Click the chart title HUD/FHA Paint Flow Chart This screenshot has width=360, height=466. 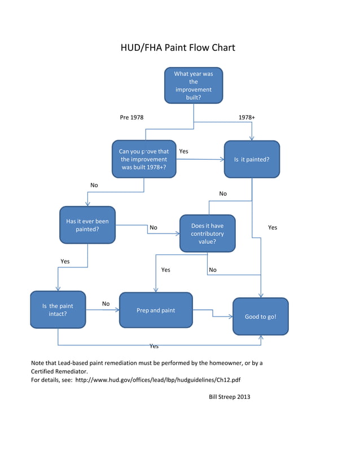coord(178,47)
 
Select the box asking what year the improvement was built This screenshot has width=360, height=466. coord(194,85)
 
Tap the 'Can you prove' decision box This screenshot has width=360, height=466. coord(144,159)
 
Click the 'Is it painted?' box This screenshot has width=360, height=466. coord(252,159)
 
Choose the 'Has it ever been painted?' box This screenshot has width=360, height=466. coord(87,225)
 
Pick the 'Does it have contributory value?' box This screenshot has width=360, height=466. coord(207,234)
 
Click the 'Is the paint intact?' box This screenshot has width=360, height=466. coord(58,310)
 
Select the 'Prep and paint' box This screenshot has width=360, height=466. coord(156,310)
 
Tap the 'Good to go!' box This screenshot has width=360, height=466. coord(260,316)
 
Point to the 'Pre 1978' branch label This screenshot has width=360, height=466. coord(131,117)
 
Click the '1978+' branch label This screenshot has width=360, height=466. coord(247,117)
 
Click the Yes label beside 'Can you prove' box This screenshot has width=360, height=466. coord(183,151)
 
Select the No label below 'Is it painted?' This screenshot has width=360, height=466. coord(223,194)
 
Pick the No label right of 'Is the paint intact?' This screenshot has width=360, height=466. coord(106,304)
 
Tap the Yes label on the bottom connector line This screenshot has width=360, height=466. coord(153,346)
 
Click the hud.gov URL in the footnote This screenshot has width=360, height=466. coord(161,380)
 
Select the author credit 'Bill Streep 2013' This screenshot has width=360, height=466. coord(229,397)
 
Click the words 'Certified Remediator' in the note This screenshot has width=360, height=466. coord(59,372)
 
